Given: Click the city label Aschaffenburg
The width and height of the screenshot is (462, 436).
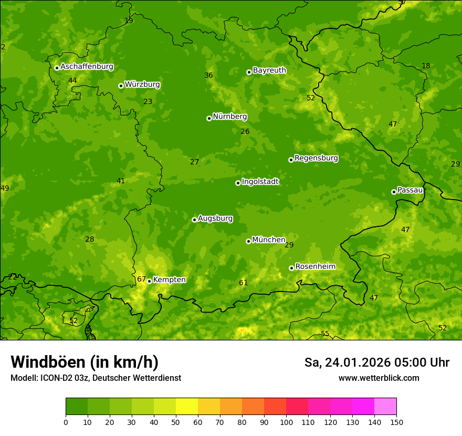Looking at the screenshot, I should pos(87,67).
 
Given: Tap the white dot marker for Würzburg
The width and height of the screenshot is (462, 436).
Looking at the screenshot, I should pos(121,86).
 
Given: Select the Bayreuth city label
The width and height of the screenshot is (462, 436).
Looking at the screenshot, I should pos(269,70).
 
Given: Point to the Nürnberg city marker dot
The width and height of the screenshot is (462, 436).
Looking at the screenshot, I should pos(209,118).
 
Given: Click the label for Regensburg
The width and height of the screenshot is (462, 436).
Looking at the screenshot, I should pos(316,158).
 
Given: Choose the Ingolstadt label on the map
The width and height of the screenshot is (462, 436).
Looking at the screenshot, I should pos(260,181).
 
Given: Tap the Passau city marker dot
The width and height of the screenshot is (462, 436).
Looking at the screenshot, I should pos(394,192).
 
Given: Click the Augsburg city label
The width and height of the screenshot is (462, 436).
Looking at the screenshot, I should pos(215,218).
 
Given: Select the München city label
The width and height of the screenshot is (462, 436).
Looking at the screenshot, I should pos(269,240).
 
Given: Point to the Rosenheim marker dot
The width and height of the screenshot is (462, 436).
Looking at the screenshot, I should pos(291,268).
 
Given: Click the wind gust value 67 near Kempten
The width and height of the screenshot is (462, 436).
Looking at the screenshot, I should pos(141,279).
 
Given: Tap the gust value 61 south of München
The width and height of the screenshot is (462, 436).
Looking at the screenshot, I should pos(243,283).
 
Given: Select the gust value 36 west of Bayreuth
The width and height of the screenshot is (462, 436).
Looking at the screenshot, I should pos(208,75).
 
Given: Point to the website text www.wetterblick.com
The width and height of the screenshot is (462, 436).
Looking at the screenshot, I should pos(379,378).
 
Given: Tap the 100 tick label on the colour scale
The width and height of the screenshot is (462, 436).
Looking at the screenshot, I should pos(286,422).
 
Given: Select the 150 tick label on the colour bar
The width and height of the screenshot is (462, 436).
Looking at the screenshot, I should pos(396,422).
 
